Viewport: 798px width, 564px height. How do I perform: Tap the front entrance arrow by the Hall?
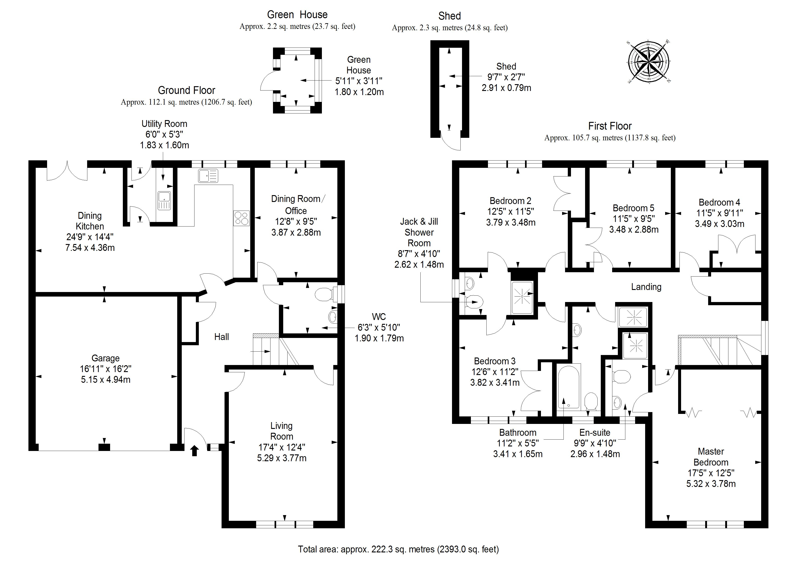pos(195,451)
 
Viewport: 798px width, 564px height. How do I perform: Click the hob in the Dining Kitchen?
pos(241,218)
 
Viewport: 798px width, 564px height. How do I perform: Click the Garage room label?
pos(105,358)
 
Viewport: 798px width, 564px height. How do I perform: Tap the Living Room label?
pos(282,431)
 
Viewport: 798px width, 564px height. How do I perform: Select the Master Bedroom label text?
pos(711,457)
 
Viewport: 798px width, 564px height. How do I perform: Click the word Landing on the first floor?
pos(646,287)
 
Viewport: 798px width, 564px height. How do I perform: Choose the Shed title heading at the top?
pos(450,16)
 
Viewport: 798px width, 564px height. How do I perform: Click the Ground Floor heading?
pos(187,90)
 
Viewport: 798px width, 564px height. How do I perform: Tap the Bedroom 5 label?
pos(633,208)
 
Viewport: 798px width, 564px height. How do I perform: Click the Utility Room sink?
pos(164,201)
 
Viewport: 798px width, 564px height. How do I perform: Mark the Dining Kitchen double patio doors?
pos(67,171)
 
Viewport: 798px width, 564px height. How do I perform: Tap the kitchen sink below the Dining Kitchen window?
pos(208,176)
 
